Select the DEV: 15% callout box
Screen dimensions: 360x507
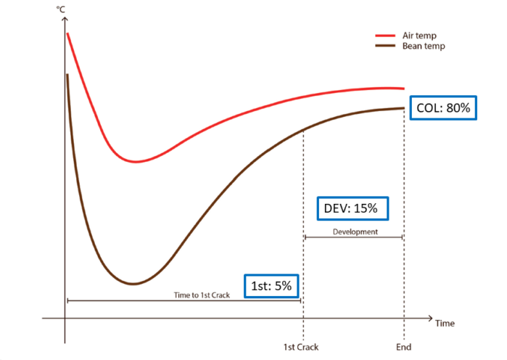[x=352, y=208]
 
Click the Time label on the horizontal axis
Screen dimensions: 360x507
[x=445, y=324]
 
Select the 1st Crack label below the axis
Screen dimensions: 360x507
[x=302, y=346]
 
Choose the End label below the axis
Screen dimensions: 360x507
[x=403, y=346]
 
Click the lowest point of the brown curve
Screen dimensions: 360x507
[x=133, y=284]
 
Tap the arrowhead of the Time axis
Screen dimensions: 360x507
[x=430, y=318]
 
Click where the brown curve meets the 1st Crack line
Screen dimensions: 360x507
[x=303, y=128]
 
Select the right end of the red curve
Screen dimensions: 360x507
[x=403, y=88]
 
